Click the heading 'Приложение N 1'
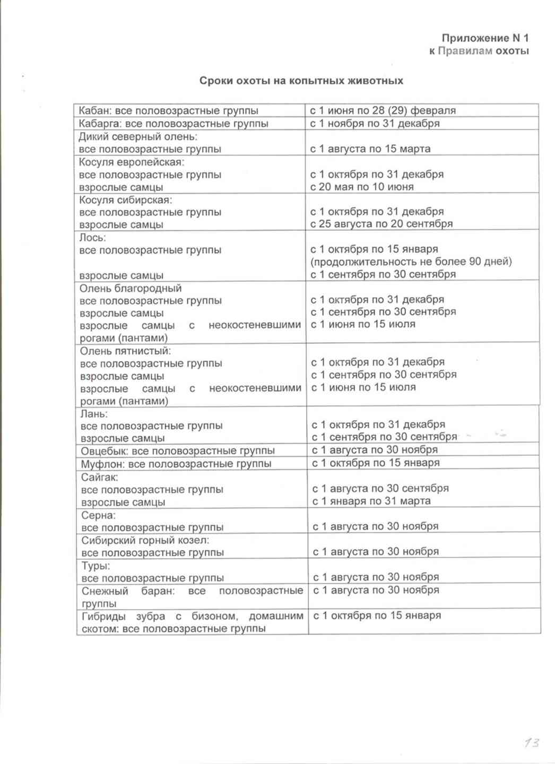pyautogui.click(x=485, y=38)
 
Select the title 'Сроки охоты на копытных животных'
pyautogui.click(x=301, y=81)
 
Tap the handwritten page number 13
pyautogui.click(x=531, y=742)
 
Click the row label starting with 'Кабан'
pyautogui.click(x=168, y=111)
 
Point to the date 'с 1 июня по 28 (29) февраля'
pyautogui.click(x=383, y=110)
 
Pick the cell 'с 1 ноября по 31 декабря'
pyautogui.click(x=375, y=123)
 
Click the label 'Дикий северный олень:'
pyautogui.click(x=138, y=136)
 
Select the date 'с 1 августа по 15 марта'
pyautogui.click(x=370, y=149)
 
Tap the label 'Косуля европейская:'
pyautogui.click(x=132, y=162)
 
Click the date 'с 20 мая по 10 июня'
pyautogui.click(x=362, y=187)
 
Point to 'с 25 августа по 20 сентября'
pyautogui.click(x=381, y=224)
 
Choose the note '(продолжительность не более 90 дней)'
pyautogui.click(x=411, y=262)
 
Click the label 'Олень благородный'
pyautogui.click(x=131, y=288)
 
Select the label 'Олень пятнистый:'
pyautogui.click(x=125, y=351)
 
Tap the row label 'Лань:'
pyautogui.click(x=94, y=413)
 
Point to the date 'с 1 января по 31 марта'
pyautogui.click(x=371, y=501)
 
